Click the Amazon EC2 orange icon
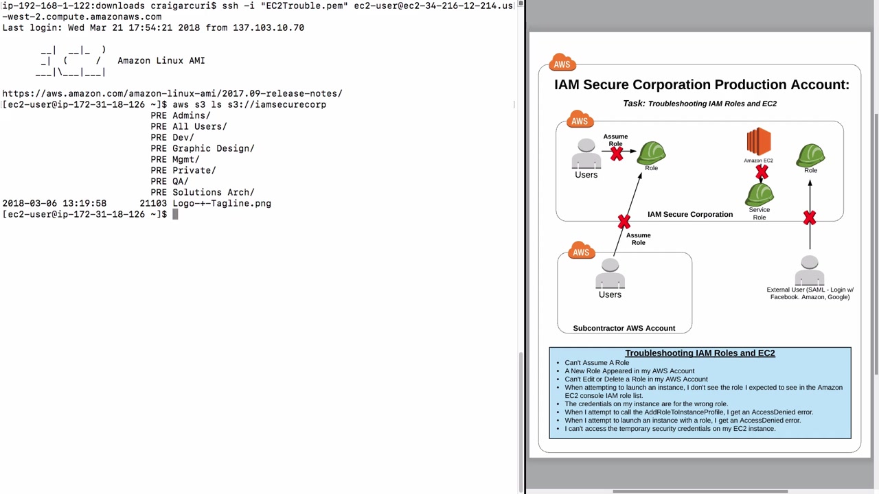(x=759, y=141)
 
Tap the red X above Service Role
(x=762, y=172)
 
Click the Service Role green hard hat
(x=760, y=194)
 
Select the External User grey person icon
(x=810, y=270)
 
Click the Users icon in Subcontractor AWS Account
(x=610, y=273)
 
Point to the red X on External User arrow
(x=810, y=218)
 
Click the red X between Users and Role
(x=617, y=154)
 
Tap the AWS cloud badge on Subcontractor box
(x=582, y=250)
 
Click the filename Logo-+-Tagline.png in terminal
(x=222, y=204)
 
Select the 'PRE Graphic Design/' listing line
(x=203, y=149)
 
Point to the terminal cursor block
(x=175, y=214)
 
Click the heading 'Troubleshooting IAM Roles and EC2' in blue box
(x=700, y=353)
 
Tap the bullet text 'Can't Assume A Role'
(x=597, y=363)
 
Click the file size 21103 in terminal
(x=153, y=204)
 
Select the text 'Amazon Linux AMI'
(x=161, y=61)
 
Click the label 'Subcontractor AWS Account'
(x=624, y=328)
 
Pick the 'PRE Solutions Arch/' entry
(x=203, y=193)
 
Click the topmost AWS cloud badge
(x=562, y=62)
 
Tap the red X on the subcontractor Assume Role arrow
(x=624, y=222)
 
